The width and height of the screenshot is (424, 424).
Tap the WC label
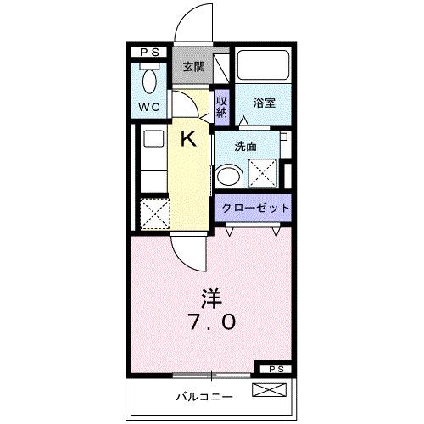(x=151, y=109)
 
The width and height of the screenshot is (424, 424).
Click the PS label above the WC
(x=150, y=53)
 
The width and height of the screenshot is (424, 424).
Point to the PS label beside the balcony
(x=273, y=370)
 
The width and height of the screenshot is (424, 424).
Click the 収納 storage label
(x=220, y=106)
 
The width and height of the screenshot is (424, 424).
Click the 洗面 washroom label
(x=245, y=146)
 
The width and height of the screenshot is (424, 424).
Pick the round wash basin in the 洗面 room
(x=227, y=176)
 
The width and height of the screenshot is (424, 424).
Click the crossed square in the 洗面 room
(x=262, y=173)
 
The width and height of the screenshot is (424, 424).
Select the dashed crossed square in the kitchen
(x=153, y=212)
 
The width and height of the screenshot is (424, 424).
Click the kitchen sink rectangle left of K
(x=153, y=140)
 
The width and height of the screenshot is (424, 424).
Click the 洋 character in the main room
(x=211, y=298)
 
